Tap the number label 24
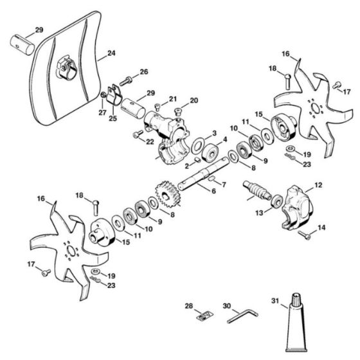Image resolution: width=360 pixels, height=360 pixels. pos(111,53)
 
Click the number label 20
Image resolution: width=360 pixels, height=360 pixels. pos(194,100)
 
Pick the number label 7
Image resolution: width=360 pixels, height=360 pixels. pos(224,184)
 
